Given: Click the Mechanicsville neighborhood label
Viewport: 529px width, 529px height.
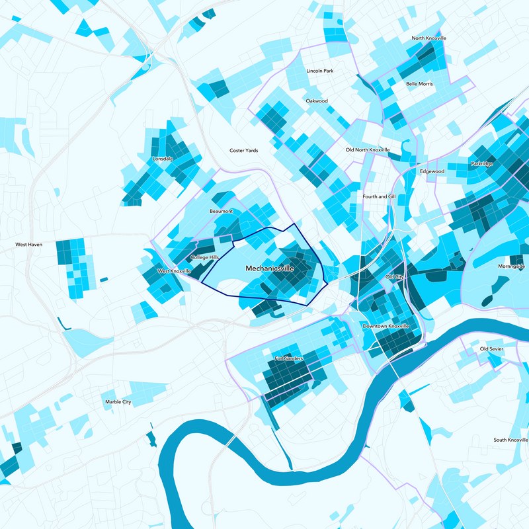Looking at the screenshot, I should pos(269,268).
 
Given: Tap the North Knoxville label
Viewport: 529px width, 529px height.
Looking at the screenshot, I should pos(428,38).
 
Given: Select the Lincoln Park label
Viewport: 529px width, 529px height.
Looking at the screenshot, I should pos(319,71).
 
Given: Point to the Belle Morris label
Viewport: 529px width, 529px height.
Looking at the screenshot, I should pos(419,85).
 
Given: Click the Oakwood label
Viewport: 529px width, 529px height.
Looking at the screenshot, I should pos(317,101).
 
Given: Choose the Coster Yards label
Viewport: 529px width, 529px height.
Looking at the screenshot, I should pos(243,151).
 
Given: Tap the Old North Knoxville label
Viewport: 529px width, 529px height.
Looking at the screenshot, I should pos(368,150).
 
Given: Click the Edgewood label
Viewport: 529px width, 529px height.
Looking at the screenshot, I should pos(432,171).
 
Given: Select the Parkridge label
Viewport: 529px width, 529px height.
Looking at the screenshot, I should pos(481,163).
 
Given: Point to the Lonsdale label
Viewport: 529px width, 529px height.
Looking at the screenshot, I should pos(163,159).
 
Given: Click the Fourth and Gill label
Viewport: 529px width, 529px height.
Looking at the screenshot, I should pos(379,196).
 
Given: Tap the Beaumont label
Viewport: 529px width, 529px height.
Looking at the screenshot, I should pos(222,211).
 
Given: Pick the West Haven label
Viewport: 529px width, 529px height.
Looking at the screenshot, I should pos(29,245).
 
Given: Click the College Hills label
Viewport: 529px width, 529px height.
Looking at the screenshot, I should pos(204,257).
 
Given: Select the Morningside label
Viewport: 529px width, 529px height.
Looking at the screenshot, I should pos(511,266).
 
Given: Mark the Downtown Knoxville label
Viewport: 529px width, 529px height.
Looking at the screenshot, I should pos(386,327).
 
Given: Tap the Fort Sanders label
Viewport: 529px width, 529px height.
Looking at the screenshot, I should pos(289,358).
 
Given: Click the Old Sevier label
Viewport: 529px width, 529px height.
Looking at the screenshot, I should pos(492,348).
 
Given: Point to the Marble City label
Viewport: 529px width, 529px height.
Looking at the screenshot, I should pos(118,402).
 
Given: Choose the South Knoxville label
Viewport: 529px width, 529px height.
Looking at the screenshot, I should pos(510,440).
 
